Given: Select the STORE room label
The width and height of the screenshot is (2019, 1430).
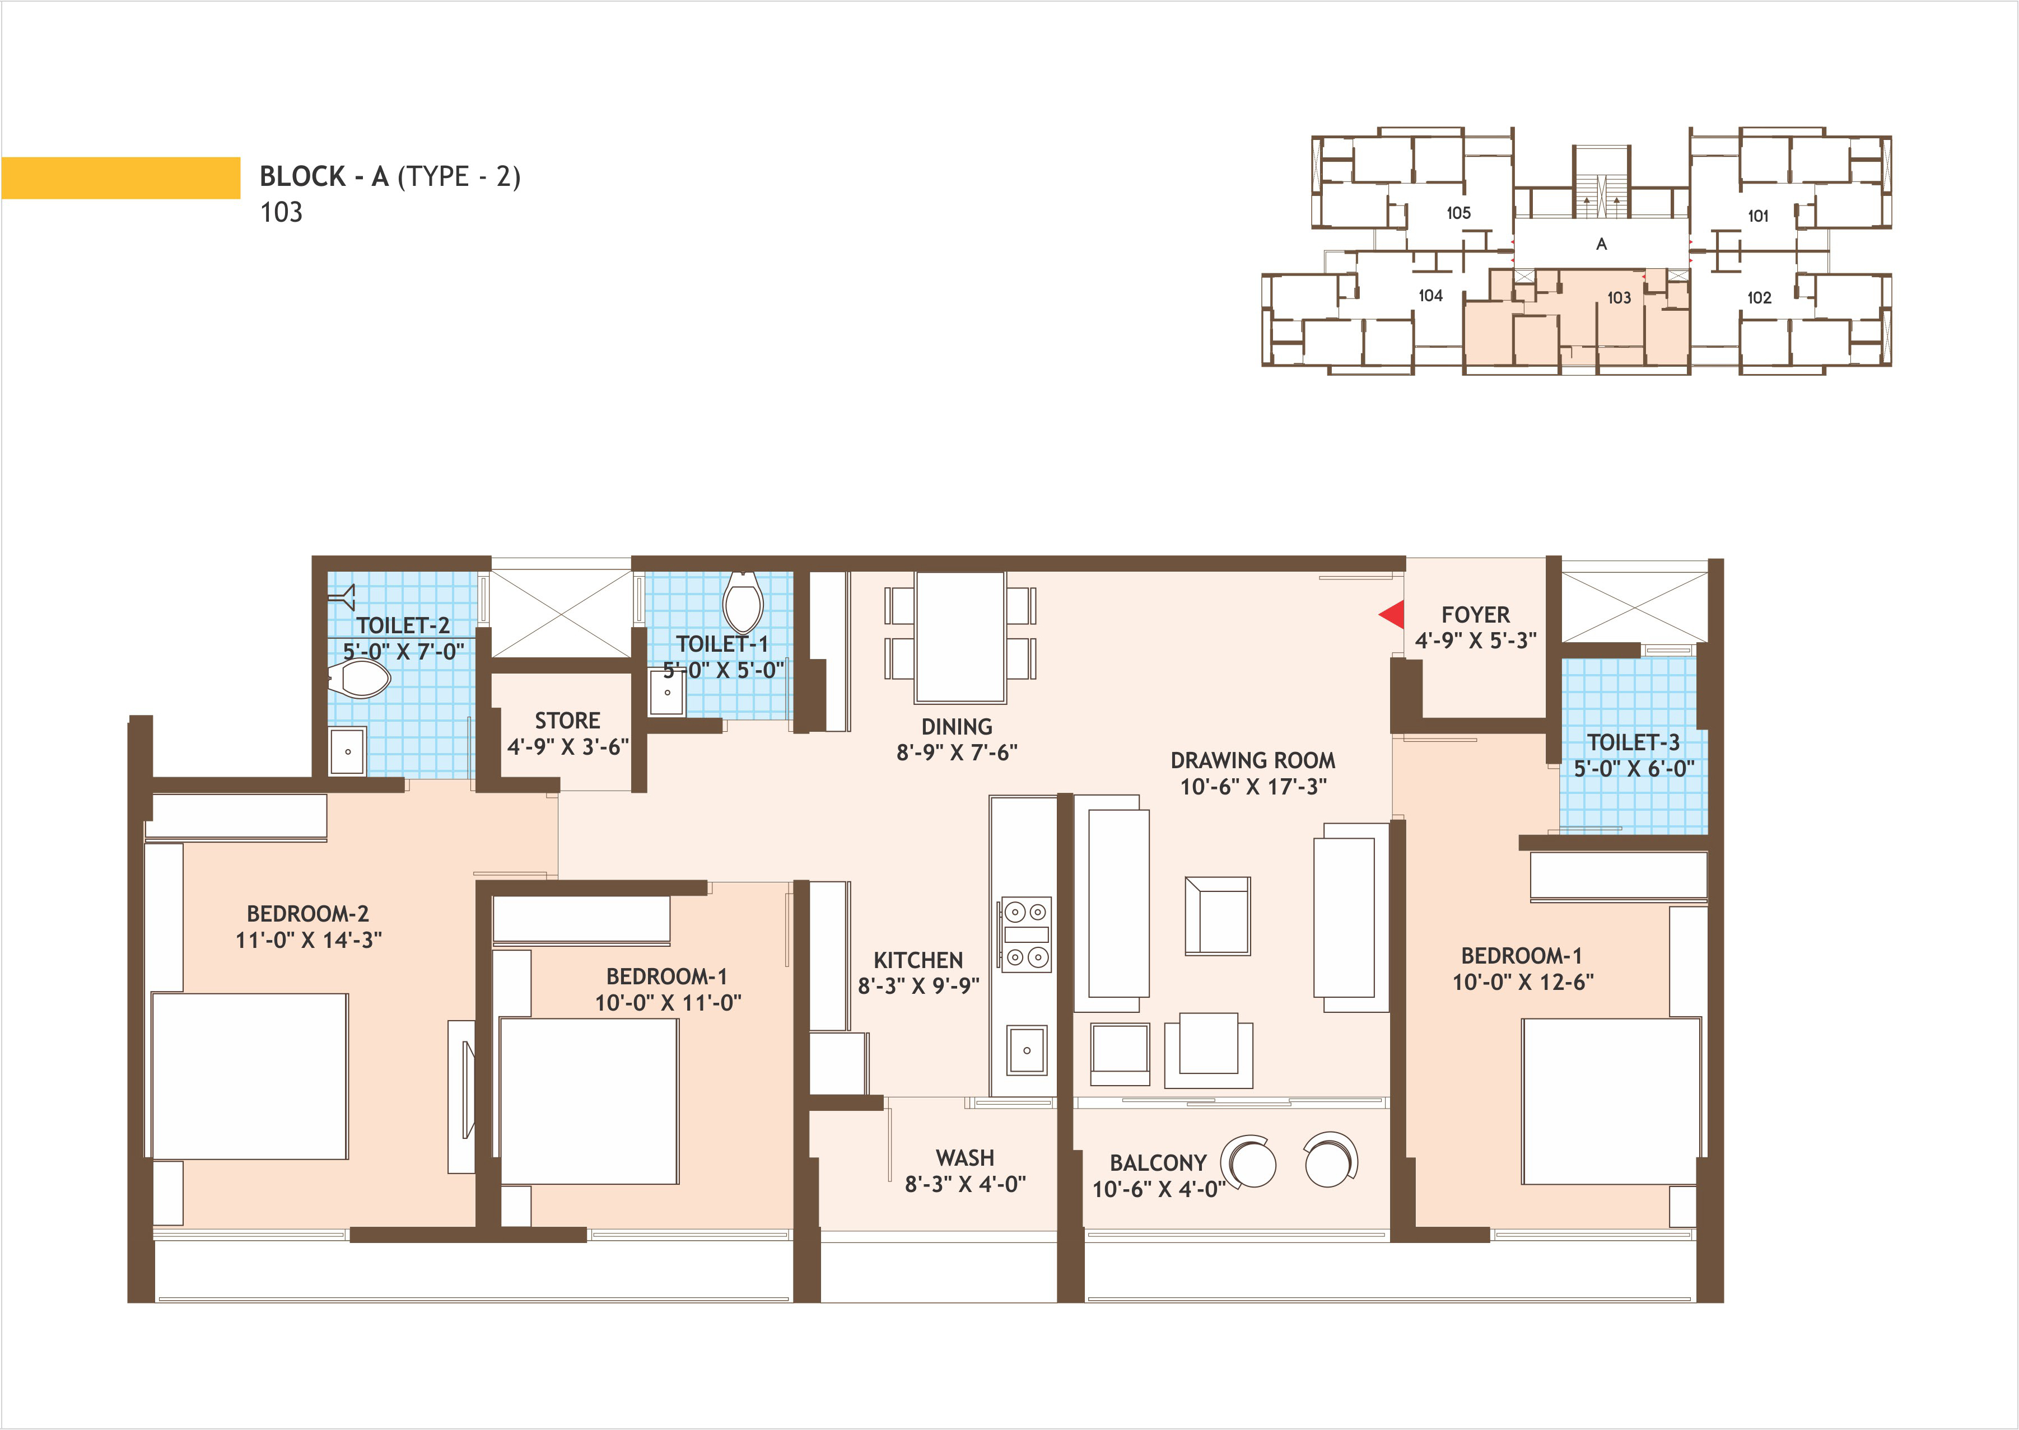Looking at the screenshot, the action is (567, 720).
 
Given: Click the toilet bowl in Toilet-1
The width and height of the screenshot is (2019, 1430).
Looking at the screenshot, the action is (742, 603).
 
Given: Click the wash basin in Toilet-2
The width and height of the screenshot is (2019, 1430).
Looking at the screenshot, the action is (348, 751).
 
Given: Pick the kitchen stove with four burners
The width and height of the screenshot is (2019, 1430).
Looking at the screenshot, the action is (1027, 934).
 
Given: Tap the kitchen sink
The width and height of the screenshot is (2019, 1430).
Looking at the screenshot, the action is (1027, 1050).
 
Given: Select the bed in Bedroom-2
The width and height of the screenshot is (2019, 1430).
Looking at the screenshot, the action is (249, 1076).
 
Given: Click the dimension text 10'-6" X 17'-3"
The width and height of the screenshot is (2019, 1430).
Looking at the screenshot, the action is (1253, 786).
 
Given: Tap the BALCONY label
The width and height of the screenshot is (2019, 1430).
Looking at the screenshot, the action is (1158, 1163).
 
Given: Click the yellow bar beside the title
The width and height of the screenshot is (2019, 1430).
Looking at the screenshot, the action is (120, 178).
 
